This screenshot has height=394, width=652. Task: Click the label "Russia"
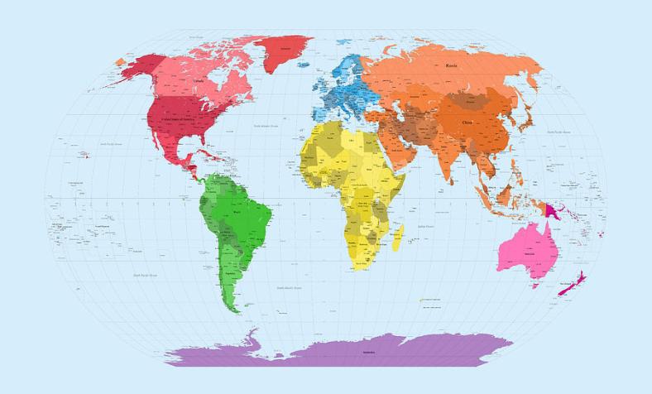451,65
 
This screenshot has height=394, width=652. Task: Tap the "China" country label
467,123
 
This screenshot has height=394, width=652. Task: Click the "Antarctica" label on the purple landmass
368,352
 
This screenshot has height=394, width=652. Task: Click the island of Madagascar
397,238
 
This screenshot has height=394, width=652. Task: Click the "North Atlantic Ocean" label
266,126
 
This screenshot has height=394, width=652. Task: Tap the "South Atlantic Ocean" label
289,288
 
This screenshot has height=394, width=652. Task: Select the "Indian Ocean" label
426,225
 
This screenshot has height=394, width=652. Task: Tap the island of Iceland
303,65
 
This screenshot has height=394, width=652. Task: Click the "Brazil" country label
238,212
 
